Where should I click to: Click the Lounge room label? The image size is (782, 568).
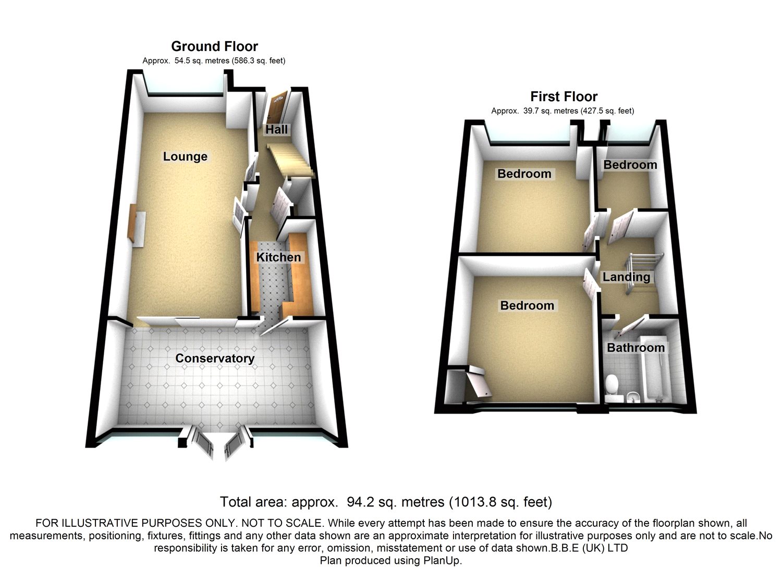click(185, 156)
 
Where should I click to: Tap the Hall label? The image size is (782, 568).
click(276, 129)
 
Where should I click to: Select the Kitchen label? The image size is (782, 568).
click(278, 257)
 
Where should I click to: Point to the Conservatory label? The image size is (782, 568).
click(215, 358)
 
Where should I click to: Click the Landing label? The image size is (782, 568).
click(626, 277)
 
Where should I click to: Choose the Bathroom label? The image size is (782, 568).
click(636, 347)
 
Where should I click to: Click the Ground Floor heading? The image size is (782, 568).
click(214, 46)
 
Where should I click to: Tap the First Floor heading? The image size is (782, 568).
click(564, 96)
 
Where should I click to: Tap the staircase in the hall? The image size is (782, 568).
click(290, 159)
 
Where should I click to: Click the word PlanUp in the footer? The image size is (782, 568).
click(444, 560)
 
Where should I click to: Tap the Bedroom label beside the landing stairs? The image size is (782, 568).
click(630, 165)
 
